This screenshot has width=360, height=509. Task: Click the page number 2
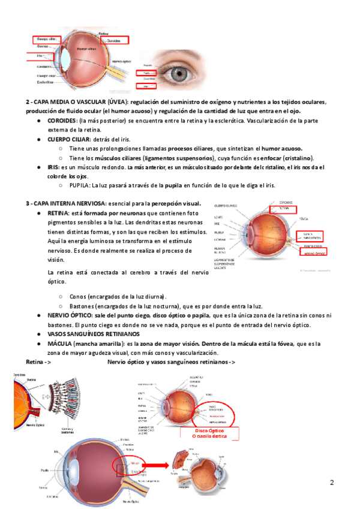click(331, 482)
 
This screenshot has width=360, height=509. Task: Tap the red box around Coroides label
click(118, 40)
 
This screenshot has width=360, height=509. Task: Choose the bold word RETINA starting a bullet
click(58, 213)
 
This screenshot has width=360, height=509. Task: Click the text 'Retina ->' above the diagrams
click(38, 362)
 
